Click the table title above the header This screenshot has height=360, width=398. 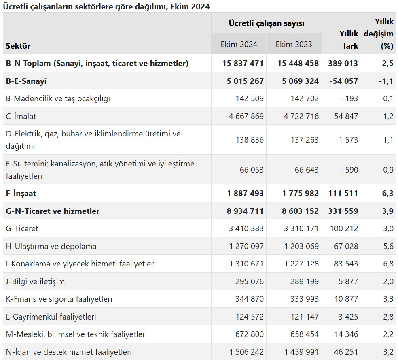pyautogui.click(x=106, y=6)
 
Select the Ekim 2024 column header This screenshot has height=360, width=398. pyautogui.click(x=239, y=44)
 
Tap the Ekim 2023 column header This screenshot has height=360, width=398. pyautogui.click(x=294, y=44)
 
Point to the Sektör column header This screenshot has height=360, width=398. pyautogui.click(x=18, y=46)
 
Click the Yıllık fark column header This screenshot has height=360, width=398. pyautogui.click(x=349, y=40)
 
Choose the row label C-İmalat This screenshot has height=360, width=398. pyautogui.click(x=21, y=116)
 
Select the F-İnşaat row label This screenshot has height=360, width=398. pyautogui.click(x=21, y=193)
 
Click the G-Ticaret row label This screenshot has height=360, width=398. pyautogui.click(x=22, y=228)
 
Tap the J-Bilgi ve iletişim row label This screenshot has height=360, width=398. pyautogui.click(x=35, y=281)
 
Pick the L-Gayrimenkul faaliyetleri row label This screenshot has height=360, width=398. pyautogui.click(x=51, y=317)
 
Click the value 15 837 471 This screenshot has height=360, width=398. pyautogui.click(x=243, y=63)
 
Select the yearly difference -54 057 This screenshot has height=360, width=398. pyautogui.click(x=344, y=81)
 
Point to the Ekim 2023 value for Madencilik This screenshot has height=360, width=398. pyautogui.click(x=305, y=98)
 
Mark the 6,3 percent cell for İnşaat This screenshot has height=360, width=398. pyautogui.click(x=387, y=193)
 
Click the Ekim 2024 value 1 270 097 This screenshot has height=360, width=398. pyautogui.click(x=246, y=246)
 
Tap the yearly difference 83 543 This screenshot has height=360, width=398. pyautogui.click(x=346, y=264)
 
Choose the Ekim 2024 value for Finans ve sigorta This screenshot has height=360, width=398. pyautogui.click(x=250, y=299)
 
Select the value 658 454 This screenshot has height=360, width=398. pyautogui.click(x=305, y=334)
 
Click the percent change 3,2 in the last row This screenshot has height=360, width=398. pyautogui.click(x=388, y=352)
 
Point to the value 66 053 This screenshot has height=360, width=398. pyautogui.click(x=252, y=169)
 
